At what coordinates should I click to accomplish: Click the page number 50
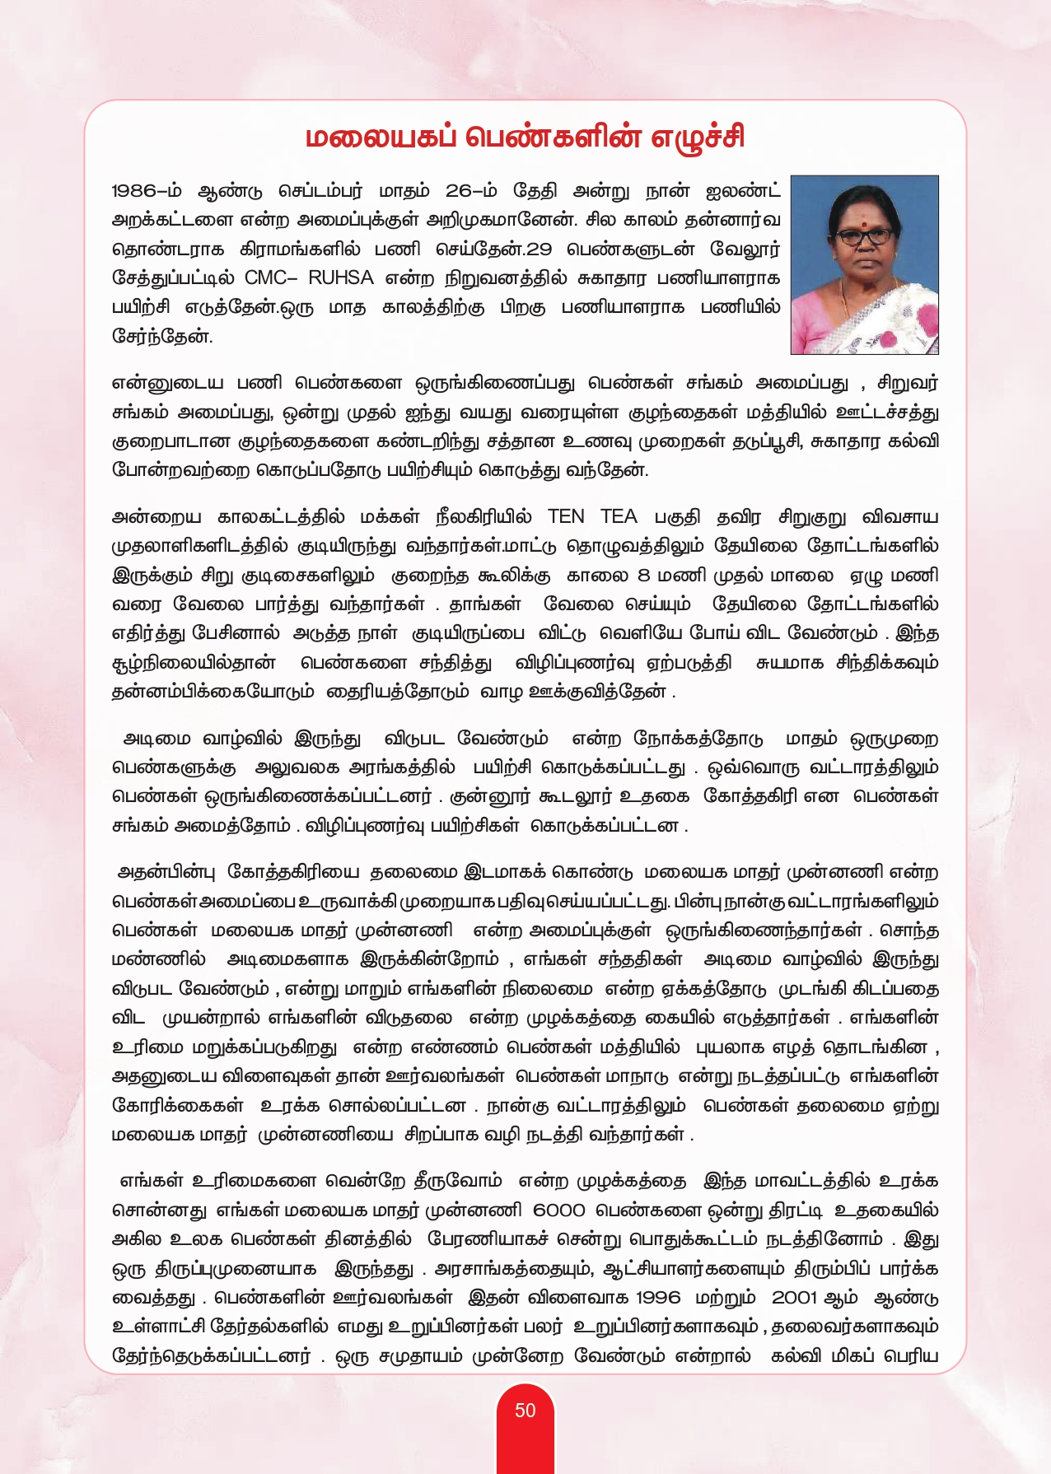point(525,1411)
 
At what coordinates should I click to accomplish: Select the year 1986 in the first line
point(133,191)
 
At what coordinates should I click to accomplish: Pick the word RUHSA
point(341,278)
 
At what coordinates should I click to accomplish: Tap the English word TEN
point(566,516)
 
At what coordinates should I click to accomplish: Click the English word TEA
point(619,516)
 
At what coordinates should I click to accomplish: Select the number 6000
point(559,1210)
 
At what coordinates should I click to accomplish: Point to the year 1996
point(658,1297)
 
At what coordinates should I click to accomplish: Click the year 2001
point(794,1297)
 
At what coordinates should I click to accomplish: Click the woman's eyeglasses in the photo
point(865,235)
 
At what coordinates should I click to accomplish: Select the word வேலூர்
point(745,249)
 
